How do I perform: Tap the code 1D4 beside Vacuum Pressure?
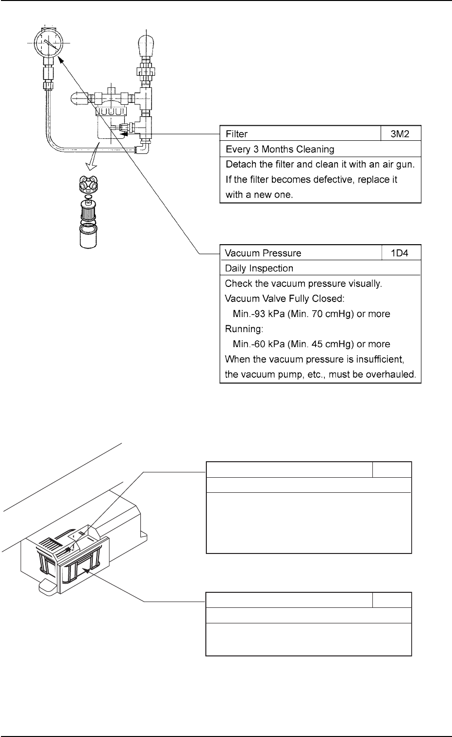[x=401, y=253]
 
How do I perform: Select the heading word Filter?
[x=236, y=134]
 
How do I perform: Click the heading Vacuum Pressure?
[x=263, y=253]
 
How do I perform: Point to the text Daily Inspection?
[x=259, y=268]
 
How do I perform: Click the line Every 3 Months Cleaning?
[x=280, y=149]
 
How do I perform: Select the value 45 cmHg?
[x=334, y=344]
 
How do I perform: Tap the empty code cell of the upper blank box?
[x=392, y=470]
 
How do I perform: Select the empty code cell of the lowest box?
[x=392, y=600]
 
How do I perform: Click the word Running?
[x=243, y=329]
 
